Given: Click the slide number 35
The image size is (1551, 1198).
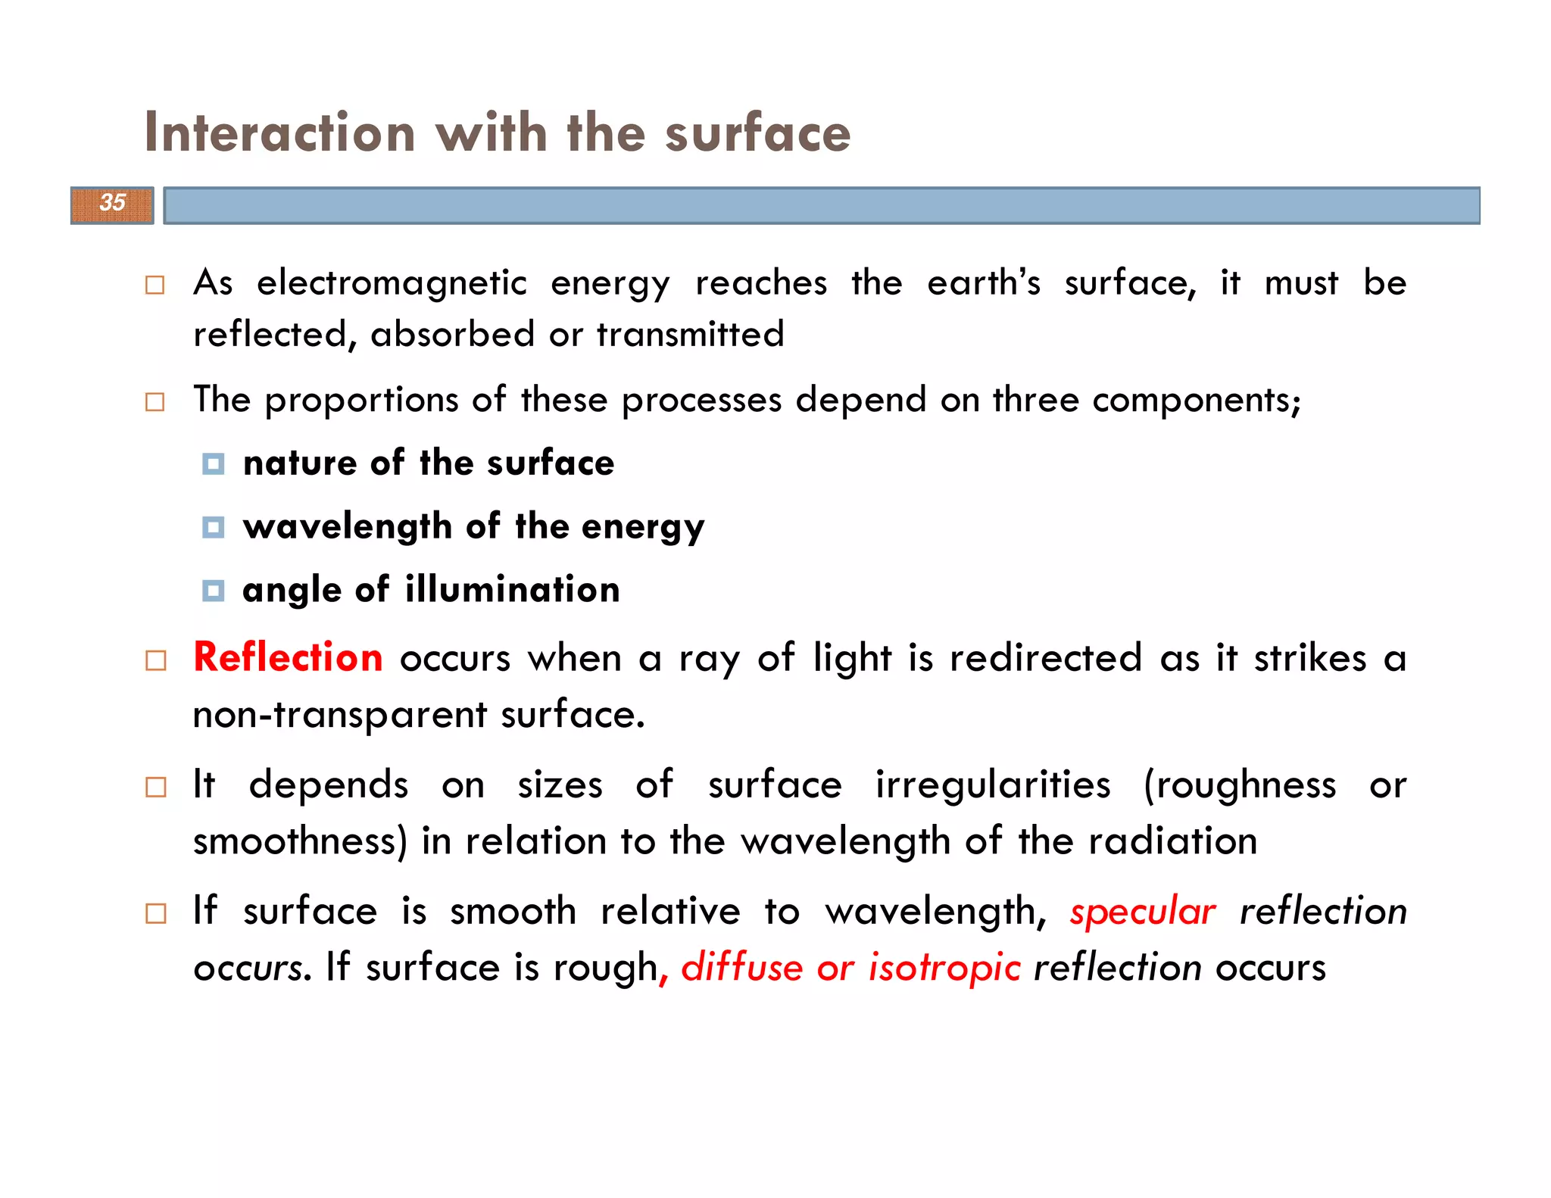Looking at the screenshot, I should click(112, 203).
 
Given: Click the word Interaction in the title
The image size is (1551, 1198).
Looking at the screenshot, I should click(279, 133).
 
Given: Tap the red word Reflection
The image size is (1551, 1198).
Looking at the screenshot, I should click(288, 657).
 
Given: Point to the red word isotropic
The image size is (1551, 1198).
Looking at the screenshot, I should click(944, 969).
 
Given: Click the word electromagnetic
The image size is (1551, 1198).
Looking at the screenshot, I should click(392, 284).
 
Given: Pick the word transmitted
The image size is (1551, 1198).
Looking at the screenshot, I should click(690, 335).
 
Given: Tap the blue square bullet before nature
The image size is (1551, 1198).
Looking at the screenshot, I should click(214, 463).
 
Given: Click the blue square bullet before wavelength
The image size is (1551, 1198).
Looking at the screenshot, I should click(214, 527).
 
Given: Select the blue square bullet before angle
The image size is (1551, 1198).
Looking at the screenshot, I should click(214, 591).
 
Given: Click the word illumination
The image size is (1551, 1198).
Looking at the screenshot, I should click(512, 590).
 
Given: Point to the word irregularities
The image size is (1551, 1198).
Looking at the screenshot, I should click(993, 785).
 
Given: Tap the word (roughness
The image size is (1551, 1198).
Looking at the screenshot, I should click(1240, 785).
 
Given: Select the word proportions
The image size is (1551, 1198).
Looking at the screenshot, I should click(361, 401).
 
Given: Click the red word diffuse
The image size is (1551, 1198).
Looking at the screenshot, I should click(741, 969).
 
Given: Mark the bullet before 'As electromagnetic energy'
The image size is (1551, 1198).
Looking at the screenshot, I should click(155, 285).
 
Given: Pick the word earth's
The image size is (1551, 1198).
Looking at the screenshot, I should click(984, 284).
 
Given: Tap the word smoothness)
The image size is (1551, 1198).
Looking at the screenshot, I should click(300, 842).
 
